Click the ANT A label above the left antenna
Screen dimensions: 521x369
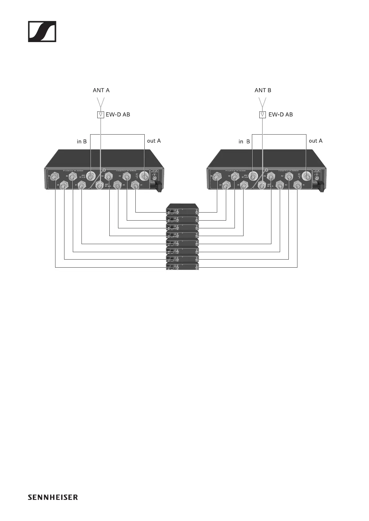point(101,90)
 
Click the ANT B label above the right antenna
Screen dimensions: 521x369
point(263,90)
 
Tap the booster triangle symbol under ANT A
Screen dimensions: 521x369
point(100,115)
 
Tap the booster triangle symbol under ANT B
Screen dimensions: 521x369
point(262,115)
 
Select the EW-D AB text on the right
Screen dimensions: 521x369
point(280,114)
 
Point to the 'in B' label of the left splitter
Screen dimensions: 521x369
point(82,141)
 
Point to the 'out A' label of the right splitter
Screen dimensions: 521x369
point(315,141)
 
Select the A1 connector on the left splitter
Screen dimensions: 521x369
point(135,186)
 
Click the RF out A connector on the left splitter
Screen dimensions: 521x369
point(144,177)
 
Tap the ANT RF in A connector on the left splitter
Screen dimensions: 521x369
point(100,186)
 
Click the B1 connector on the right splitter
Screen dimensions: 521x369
point(244,186)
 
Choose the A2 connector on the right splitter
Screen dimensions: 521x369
point(289,177)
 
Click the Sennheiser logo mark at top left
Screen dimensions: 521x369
point(42,32)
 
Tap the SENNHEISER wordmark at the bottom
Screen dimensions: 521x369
point(53,497)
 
